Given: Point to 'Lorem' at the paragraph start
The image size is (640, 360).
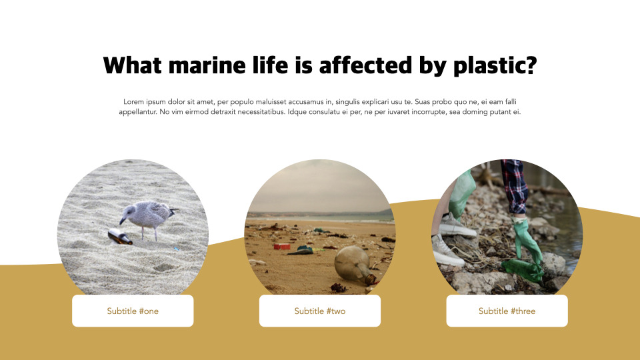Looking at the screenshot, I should pos(134,101).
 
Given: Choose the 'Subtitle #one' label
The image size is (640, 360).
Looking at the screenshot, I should pos(133,311).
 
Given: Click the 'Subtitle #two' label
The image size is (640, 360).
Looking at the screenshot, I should pos(320,311).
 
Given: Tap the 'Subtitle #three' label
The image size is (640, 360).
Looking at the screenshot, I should pos(507,311).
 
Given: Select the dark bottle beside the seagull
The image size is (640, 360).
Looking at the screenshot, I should pos(120,235).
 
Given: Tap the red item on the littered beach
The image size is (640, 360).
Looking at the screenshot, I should pos(282,246).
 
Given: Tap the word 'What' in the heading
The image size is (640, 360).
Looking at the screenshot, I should pos(132,65).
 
